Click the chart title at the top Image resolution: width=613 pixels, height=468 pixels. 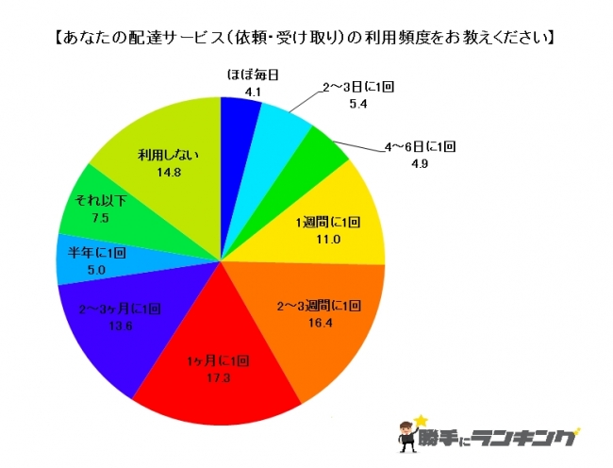tap(304, 39)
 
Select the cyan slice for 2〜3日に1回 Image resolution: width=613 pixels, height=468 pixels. tap(281, 132)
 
